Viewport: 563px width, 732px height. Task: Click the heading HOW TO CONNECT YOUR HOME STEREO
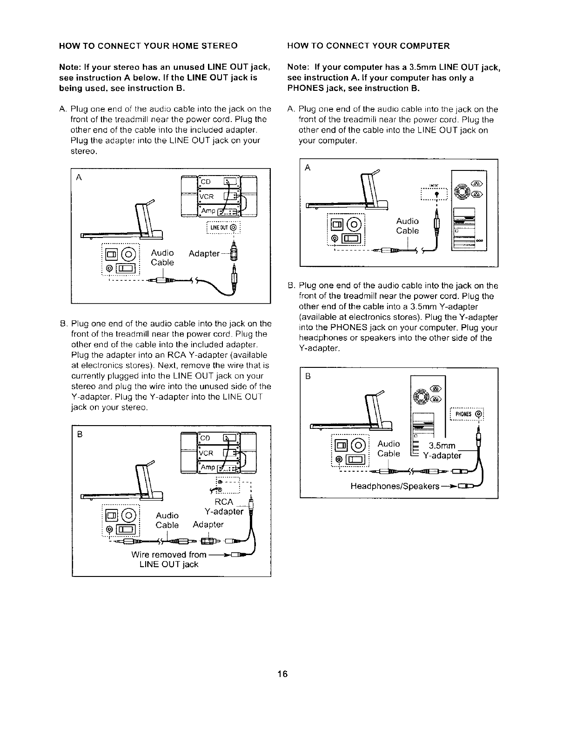148,46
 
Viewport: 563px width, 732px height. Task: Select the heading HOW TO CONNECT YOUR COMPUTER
369,46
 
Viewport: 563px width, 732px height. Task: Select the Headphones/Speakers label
395,487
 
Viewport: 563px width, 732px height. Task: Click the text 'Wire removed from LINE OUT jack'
169,559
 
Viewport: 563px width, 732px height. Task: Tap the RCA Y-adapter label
224,507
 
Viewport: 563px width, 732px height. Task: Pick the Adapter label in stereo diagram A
204,253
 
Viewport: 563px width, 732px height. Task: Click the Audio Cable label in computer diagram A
407,226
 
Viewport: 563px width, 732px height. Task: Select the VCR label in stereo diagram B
207,453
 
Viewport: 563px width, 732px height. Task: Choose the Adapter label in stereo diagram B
208,525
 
